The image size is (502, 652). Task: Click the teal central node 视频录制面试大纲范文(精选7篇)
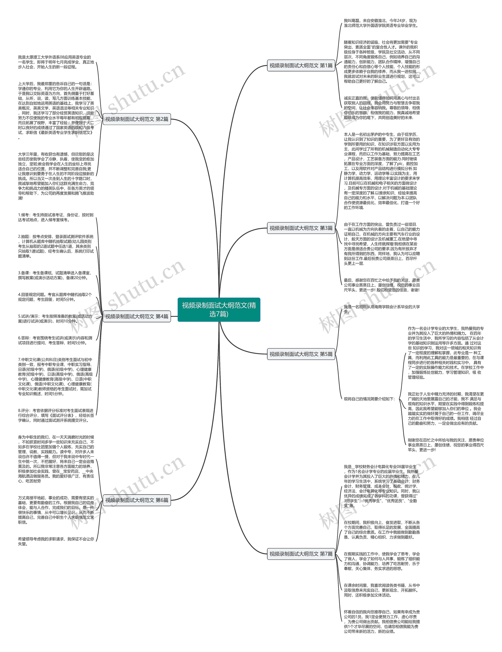[x=219, y=309]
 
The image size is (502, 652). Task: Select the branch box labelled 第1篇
[x=301, y=65]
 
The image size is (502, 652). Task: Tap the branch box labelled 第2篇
[x=136, y=119]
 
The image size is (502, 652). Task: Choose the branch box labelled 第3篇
[x=301, y=228]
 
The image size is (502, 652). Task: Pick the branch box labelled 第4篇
[x=136, y=316]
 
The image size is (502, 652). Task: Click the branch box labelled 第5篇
[x=301, y=354]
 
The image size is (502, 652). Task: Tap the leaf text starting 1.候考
[x=55, y=217]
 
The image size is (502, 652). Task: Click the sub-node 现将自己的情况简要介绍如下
[x=369, y=399]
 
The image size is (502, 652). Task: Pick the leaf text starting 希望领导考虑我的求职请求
[x=55, y=541]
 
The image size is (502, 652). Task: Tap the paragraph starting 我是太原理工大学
[x=55, y=62]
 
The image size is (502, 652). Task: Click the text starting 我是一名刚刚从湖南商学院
[x=381, y=309]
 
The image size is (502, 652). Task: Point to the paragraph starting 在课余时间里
[x=381, y=590]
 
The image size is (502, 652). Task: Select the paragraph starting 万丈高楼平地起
[x=55, y=510]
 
